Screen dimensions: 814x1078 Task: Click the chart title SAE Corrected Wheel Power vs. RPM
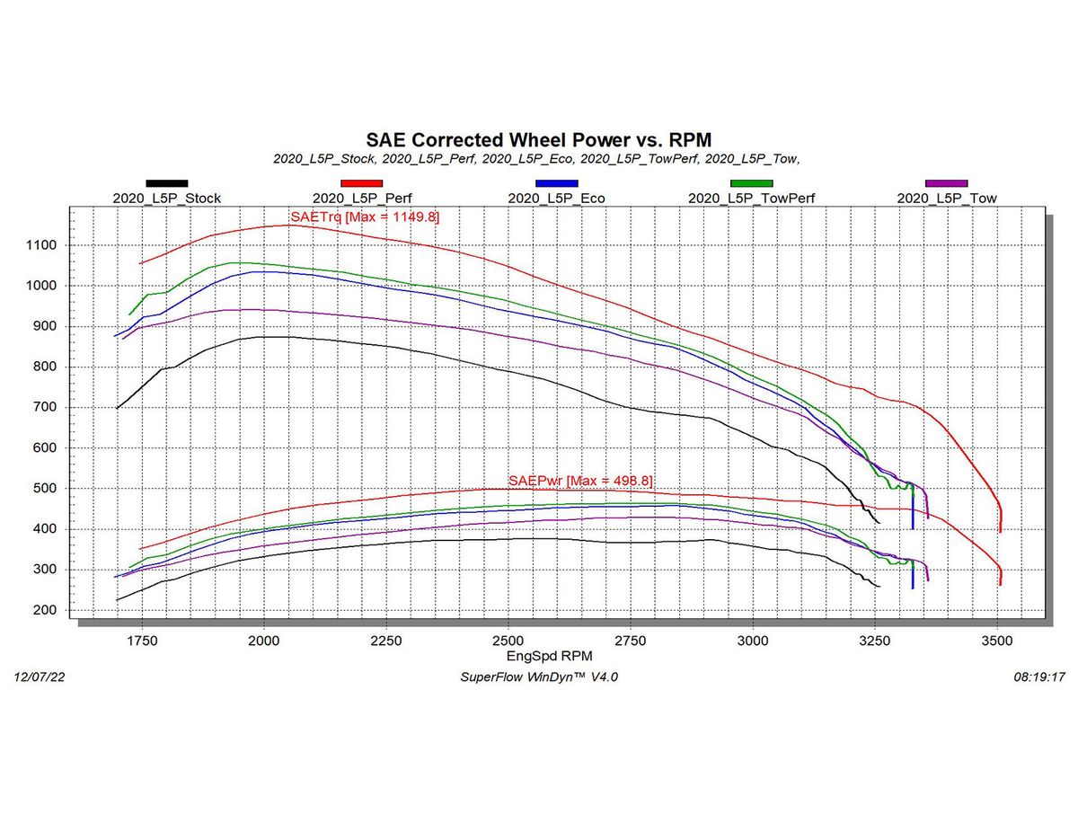(x=538, y=139)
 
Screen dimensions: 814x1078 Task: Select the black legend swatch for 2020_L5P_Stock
(x=167, y=183)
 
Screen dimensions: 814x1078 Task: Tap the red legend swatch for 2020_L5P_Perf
(x=362, y=183)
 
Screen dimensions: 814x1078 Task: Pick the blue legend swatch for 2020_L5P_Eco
(x=556, y=183)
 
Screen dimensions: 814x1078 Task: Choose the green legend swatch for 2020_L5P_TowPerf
(x=751, y=183)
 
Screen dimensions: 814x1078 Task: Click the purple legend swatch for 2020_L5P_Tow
(x=946, y=183)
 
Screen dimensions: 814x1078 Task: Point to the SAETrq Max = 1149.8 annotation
(x=365, y=217)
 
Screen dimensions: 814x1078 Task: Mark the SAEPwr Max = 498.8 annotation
(x=580, y=482)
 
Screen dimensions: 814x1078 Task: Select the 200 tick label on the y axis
(x=48, y=611)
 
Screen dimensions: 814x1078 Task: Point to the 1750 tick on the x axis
(x=141, y=641)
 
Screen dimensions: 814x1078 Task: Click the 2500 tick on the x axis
(x=508, y=641)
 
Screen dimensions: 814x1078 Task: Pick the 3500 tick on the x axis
(x=997, y=641)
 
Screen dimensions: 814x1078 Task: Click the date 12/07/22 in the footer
(x=40, y=677)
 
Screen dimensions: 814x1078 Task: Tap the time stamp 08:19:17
(x=1038, y=677)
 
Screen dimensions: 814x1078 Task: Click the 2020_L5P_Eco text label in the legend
(x=556, y=199)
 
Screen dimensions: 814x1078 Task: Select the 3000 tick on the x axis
(x=753, y=641)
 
